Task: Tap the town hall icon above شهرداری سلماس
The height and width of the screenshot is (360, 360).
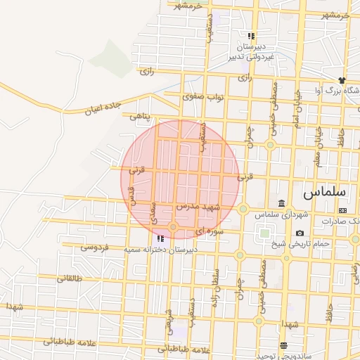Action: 282,204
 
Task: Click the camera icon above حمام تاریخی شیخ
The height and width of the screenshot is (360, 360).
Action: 300,233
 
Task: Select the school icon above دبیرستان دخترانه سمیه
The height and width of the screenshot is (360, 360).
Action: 161,239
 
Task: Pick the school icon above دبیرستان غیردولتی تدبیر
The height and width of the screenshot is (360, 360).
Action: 251,36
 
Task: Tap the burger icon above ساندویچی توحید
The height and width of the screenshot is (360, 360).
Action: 283,345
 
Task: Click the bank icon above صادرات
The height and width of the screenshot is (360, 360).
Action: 342,210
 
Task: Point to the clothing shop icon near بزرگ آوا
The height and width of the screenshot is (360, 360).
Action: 342,80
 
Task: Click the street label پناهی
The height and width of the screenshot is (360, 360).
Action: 139,116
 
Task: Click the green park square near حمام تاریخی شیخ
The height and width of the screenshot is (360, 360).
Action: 264,233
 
